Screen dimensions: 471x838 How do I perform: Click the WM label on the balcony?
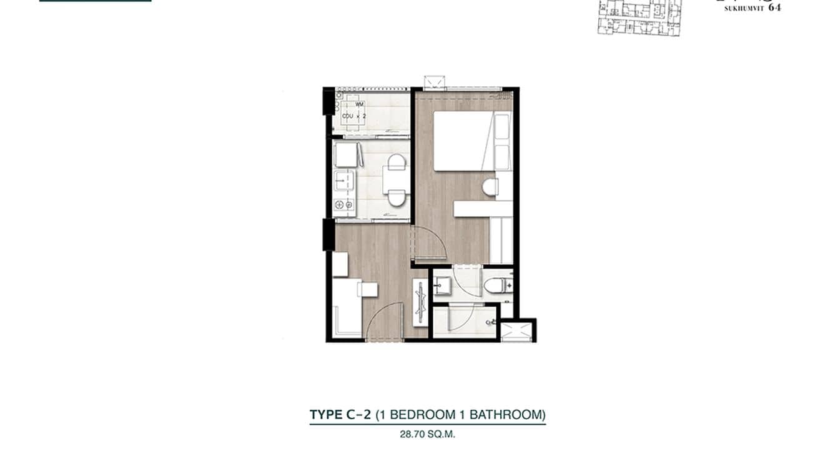pos(360,105)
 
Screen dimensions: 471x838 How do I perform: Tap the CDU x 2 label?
pos(353,116)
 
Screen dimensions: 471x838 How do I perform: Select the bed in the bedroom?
pos(462,141)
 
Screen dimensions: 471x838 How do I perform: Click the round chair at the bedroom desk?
pos(490,186)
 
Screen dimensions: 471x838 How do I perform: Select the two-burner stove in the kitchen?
pos(344,205)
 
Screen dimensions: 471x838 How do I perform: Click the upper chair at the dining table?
pos(395,164)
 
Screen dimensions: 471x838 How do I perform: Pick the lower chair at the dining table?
pos(395,199)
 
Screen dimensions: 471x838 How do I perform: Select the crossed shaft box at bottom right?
pos(518,330)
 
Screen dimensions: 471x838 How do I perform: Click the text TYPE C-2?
pos(340,414)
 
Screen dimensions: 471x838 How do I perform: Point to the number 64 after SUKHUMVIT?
pos(774,8)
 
